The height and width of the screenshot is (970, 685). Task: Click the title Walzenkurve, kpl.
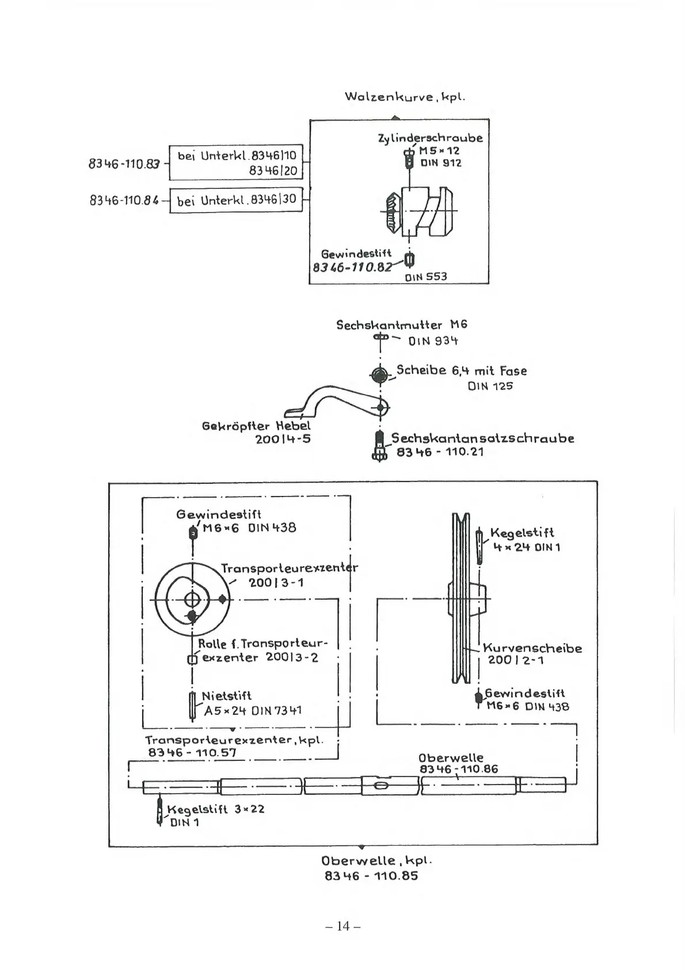(x=405, y=96)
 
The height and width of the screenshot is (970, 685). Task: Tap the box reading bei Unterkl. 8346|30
(x=236, y=200)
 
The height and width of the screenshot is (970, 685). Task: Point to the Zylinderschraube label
(x=430, y=138)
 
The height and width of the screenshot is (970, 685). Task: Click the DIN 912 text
(x=440, y=163)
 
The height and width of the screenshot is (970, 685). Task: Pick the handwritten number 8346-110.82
(x=352, y=267)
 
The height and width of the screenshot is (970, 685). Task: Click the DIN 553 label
(x=425, y=276)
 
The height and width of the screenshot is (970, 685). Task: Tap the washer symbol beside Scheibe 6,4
(x=379, y=376)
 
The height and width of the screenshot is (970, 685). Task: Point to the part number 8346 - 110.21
(x=440, y=452)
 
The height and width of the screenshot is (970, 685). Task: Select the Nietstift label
(x=226, y=695)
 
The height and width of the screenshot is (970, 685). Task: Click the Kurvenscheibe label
(x=532, y=648)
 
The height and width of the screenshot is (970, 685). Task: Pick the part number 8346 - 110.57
(x=192, y=752)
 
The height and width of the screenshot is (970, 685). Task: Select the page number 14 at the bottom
(x=342, y=926)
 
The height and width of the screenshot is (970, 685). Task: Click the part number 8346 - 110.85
(x=371, y=876)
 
